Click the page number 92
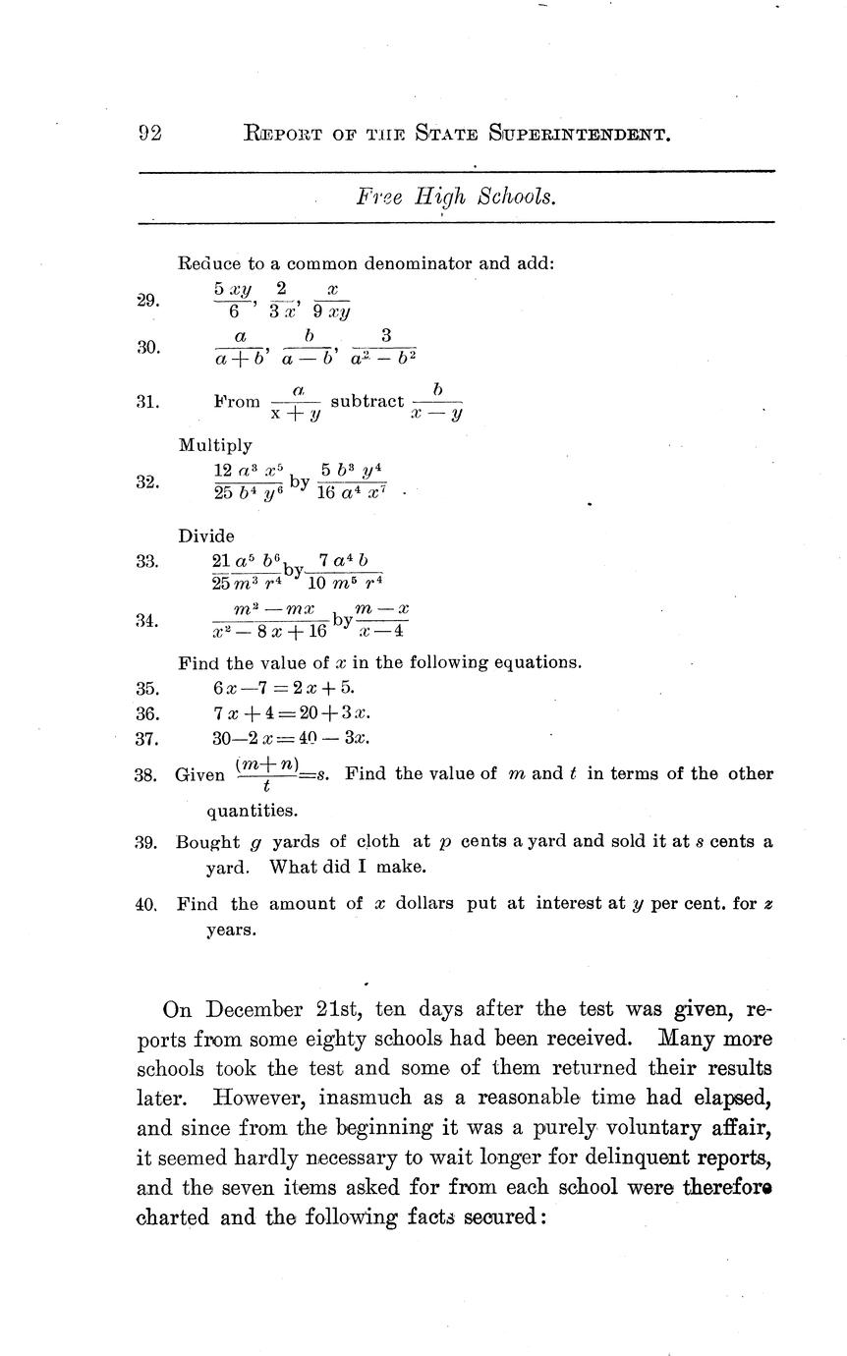150,134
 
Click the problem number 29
147,301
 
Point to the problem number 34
147,620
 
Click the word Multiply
215,445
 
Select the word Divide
206,537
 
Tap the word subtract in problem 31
367,401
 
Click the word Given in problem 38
200,775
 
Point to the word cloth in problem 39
377,842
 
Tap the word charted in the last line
172,1218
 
